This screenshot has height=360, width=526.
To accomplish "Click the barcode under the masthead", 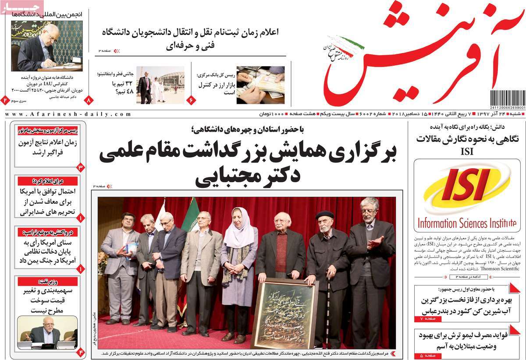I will click(507, 98).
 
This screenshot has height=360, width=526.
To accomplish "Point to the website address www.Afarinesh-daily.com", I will click(68, 114).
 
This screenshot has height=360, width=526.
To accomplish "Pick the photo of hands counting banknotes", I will click(260, 85).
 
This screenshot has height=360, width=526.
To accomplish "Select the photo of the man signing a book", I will click(46, 46).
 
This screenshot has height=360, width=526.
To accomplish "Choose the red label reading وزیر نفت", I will click(48, 282).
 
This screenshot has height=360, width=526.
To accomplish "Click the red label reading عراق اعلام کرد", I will click(48, 181).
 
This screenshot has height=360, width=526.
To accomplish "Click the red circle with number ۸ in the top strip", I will click(89, 100).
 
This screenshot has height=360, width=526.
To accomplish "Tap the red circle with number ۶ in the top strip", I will click(191, 100).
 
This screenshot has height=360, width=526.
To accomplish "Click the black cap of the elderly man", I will click(324, 215).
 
